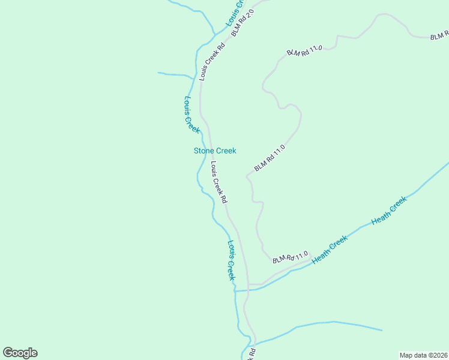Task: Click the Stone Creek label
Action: click(x=215, y=151)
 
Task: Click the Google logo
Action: click(x=20, y=353)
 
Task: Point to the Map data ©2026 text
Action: click(x=424, y=355)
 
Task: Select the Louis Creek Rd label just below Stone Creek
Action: click(x=218, y=181)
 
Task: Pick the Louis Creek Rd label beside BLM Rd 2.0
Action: click(x=212, y=61)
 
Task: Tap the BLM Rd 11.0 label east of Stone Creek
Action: click(x=269, y=158)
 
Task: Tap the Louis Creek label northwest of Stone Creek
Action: click(x=191, y=115)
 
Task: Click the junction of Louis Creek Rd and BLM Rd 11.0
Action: click(x=249, y=284)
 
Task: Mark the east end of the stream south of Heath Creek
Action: click(x=382, y=330)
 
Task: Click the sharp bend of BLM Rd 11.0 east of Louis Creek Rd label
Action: click(x=247, y=176)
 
